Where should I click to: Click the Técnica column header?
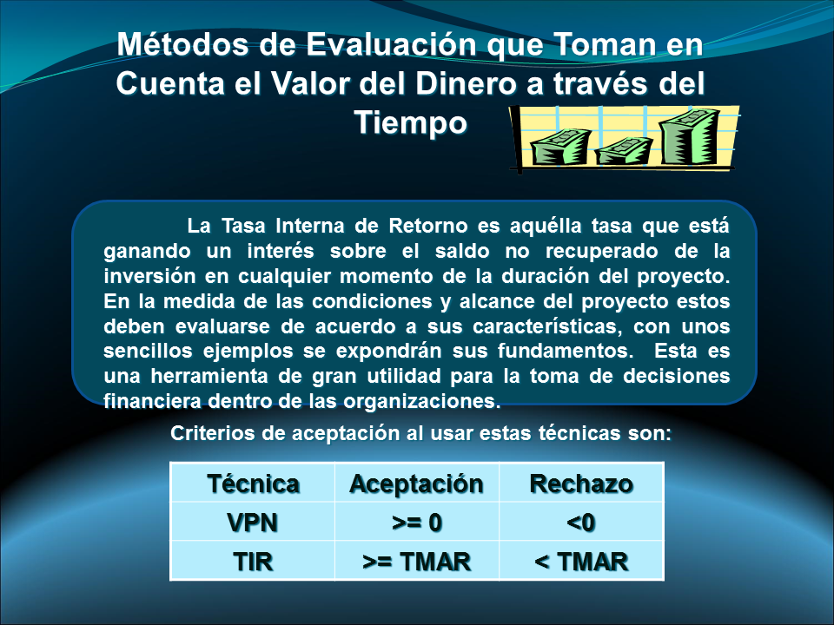253,484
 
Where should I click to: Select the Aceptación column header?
416,484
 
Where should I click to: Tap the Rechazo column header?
581,484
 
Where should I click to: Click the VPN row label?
253,523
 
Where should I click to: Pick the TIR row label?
253,562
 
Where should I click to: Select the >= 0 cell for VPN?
417,523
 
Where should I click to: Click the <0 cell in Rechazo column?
581,523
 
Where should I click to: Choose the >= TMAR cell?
417,562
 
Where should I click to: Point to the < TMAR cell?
581,562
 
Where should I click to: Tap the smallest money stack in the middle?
624,151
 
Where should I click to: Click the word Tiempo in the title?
411,122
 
